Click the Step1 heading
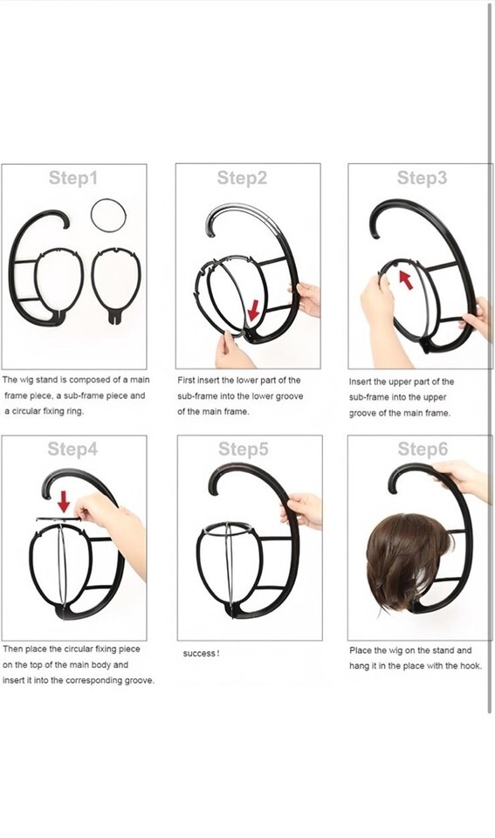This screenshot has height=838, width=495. [x=73, y=178]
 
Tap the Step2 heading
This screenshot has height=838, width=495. [x=242, y=178]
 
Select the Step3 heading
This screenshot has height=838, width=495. [x=422, y=178]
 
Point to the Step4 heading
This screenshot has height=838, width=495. [x=72, y=449]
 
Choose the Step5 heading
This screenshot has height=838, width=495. [x=244, y=449]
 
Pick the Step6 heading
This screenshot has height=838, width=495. [x=423, y=449]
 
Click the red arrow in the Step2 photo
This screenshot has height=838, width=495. [x=253, y=310]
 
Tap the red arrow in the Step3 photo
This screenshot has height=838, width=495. [x=406, y=279]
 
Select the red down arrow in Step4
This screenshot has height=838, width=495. [x=64, y=502]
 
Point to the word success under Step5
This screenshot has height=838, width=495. [x=199, y=654]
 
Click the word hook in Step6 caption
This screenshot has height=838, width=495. [x=471, y=666]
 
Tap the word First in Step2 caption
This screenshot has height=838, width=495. [x=187, y=381]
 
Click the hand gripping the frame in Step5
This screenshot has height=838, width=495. [x=302, y=509]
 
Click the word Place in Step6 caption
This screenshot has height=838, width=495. [x=361, y=650]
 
